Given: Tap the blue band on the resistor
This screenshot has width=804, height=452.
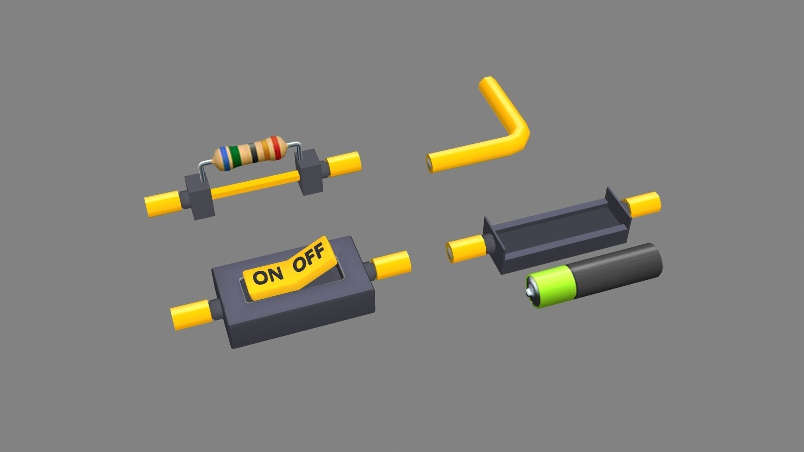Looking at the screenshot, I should click(x=225, y=158).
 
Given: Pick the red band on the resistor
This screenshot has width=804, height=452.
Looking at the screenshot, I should click(x=275, y=148).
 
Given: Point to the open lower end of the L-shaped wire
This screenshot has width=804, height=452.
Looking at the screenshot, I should click(x=430, y=163).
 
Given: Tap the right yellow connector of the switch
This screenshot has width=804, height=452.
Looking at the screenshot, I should click(x=391, y=265).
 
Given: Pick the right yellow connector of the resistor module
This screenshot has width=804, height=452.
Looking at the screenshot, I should click(x=344, y=164).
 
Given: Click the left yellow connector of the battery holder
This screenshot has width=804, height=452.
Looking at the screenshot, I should click(x=464, y=249).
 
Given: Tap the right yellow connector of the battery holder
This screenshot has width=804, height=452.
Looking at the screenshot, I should click(x=643, y=204).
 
